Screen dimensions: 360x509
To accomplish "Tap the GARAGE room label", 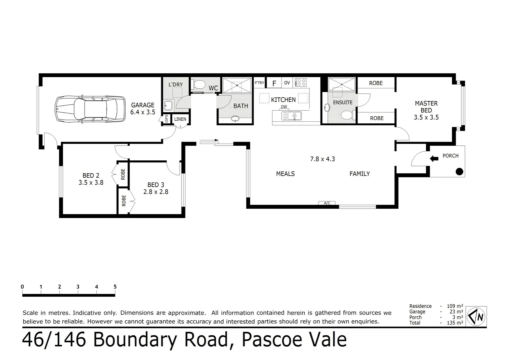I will point(143,105).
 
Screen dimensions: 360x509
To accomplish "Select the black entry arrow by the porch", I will point(434,159).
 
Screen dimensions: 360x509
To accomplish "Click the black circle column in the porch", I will point(459,172).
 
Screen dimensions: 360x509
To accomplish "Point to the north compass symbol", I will point(476,316).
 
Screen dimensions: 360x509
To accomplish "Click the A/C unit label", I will point(327,203).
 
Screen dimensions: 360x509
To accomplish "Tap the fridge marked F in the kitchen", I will point(274,83).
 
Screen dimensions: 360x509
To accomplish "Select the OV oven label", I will point(287,83).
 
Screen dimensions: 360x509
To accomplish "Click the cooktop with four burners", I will point(301,82).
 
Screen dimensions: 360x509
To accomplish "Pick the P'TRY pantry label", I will point(259,83).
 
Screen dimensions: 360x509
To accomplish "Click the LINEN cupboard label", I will point(180,119).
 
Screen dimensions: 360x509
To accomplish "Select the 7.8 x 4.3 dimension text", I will point(322,159).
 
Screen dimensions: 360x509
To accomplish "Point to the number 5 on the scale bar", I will point(115,287).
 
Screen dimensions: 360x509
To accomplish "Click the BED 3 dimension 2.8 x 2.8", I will point(156,192).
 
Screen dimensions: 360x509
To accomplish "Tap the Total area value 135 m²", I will point(454,323).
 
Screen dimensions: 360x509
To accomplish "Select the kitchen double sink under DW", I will point(291,116).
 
